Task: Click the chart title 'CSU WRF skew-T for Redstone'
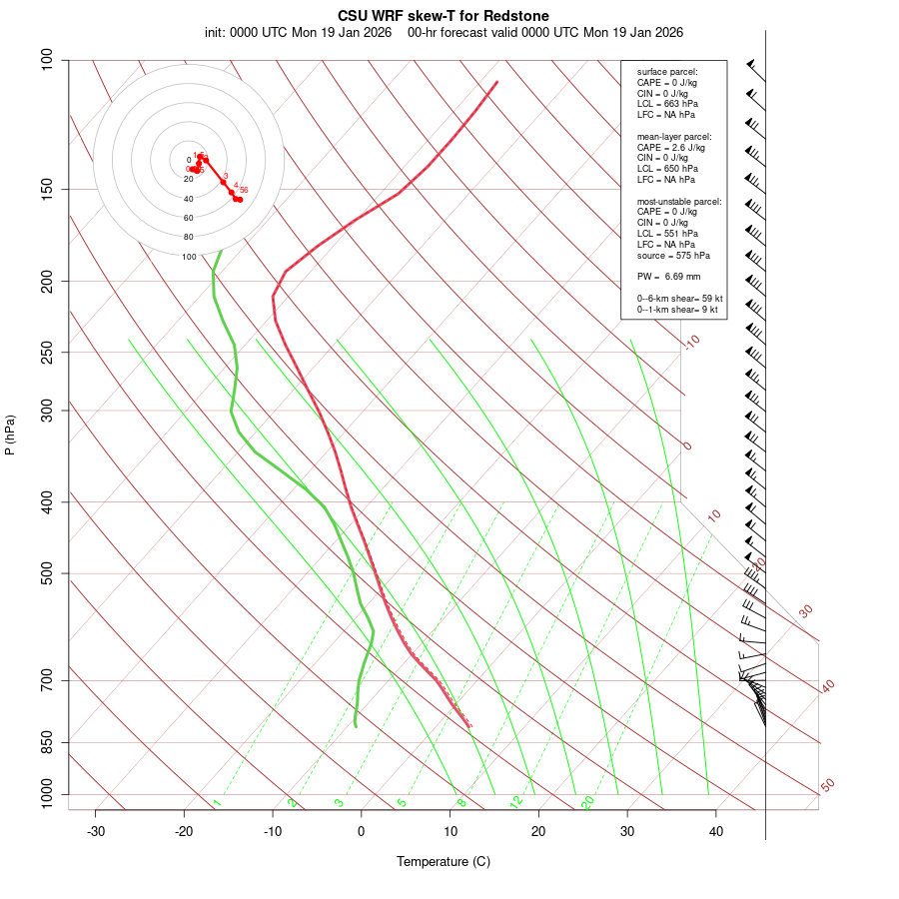pyautogui.click(x=443, y=16)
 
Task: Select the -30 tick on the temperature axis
pyautogui.click(x=96, y=831)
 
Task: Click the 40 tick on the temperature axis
pyautogui.click(x=716, y=831)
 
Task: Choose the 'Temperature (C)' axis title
pyautogui.click(x=443, y=861)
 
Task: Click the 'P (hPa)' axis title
pyautogui.click(x=11, y=435)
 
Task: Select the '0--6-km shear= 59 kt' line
pyautogui.click(x=679, y=299)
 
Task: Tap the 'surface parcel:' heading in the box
pyautogui.click(x=667, y=72)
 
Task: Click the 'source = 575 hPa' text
pyautogui.click(x=673, y=256)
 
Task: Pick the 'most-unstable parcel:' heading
pyautogui.click(x=679, y=202)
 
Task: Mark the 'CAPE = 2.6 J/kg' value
pyautogui.click(x=671, y=147)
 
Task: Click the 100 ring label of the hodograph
pyautogui.click(x=189, y=257)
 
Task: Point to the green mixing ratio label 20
pyautogui.click(x=587, y=802)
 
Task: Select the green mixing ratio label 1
pyautogui.click(x=217, y=803)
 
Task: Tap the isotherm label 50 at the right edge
pyautogui.click(x=827, y=786)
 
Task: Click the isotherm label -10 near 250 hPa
pyautogui.click(x=691, y=342)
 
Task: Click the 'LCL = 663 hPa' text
pyautogui.click(x=667, y=104)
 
